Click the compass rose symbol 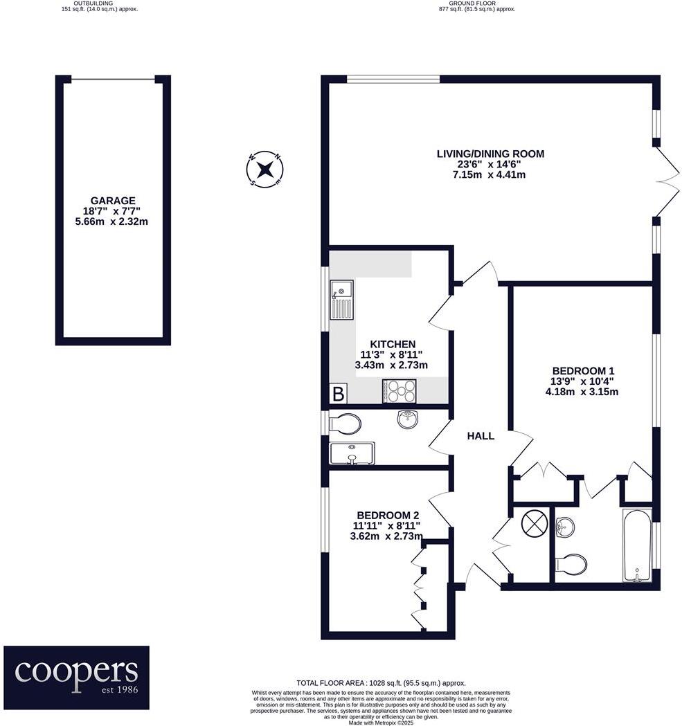click(264, 170)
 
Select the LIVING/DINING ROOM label click(490, 154)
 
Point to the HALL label click(481, 436)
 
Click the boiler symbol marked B click(339, 394)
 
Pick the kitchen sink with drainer click(341, 300)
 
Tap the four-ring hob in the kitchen click(400, 391)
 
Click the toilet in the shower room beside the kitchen click(344, 423)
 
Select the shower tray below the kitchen click(352, 453)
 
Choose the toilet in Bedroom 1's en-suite click(571, 565)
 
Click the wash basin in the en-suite click(565, 527)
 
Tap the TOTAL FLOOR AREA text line click(381, 683)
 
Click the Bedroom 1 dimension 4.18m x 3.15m click(582, 391)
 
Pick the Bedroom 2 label click(388, 515)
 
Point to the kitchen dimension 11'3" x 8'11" click(392, 354)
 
